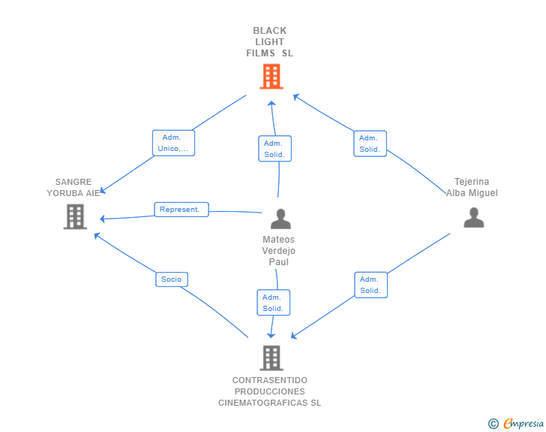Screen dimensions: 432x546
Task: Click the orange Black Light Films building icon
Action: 271,76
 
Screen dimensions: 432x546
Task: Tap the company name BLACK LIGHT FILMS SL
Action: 270,42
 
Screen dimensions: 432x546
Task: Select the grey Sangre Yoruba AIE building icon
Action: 74,216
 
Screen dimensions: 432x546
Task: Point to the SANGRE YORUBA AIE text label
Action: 73,187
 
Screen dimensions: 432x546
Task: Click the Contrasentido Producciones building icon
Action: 271,358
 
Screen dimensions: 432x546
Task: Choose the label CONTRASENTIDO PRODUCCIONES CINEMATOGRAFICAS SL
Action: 270,391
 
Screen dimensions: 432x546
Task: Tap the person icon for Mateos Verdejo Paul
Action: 280,219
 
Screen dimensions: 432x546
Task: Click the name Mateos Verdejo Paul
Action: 279,251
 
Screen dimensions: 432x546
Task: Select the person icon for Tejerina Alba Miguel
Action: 473,217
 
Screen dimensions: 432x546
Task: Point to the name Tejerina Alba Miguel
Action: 472,187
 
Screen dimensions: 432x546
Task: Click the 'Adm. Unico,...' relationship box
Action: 174,143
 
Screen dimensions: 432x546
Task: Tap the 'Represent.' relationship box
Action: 181,210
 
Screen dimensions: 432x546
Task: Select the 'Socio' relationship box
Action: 171,279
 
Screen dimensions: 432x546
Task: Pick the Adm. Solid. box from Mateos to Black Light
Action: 274,149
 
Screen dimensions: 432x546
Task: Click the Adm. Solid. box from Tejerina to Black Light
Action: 370,143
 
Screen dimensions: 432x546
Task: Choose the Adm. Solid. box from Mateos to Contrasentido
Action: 273,302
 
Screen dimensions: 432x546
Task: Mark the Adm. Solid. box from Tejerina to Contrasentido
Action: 370,285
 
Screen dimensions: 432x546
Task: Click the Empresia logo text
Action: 523,424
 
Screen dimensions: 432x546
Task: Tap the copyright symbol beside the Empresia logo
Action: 493,424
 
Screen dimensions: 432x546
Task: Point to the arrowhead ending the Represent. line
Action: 103,219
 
